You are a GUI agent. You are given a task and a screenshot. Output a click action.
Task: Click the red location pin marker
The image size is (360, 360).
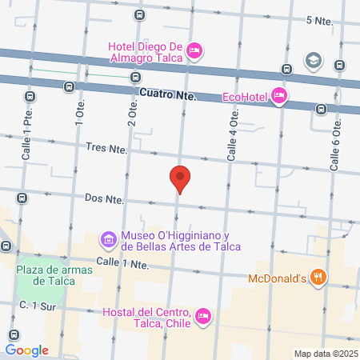point(180,179)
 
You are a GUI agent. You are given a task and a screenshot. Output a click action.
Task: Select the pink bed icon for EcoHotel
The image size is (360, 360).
point(278,97)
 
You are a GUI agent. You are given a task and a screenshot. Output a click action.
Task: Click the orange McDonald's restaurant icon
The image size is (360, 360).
point(318,278)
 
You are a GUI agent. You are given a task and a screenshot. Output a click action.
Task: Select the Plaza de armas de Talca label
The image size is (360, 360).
point(54,274)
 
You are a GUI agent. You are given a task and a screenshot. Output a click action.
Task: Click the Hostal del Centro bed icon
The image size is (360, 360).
point(203,317)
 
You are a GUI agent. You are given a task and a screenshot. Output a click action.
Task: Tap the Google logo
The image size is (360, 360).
point(26,350)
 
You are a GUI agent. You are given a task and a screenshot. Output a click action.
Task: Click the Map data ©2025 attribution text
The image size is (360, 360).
point(325,353)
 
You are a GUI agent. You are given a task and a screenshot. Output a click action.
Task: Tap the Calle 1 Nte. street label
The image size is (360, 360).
point(122,262)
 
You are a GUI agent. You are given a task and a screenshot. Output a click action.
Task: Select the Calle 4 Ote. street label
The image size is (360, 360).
point(232,136)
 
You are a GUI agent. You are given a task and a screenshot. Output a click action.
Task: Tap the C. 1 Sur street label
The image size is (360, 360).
point(37,306)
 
